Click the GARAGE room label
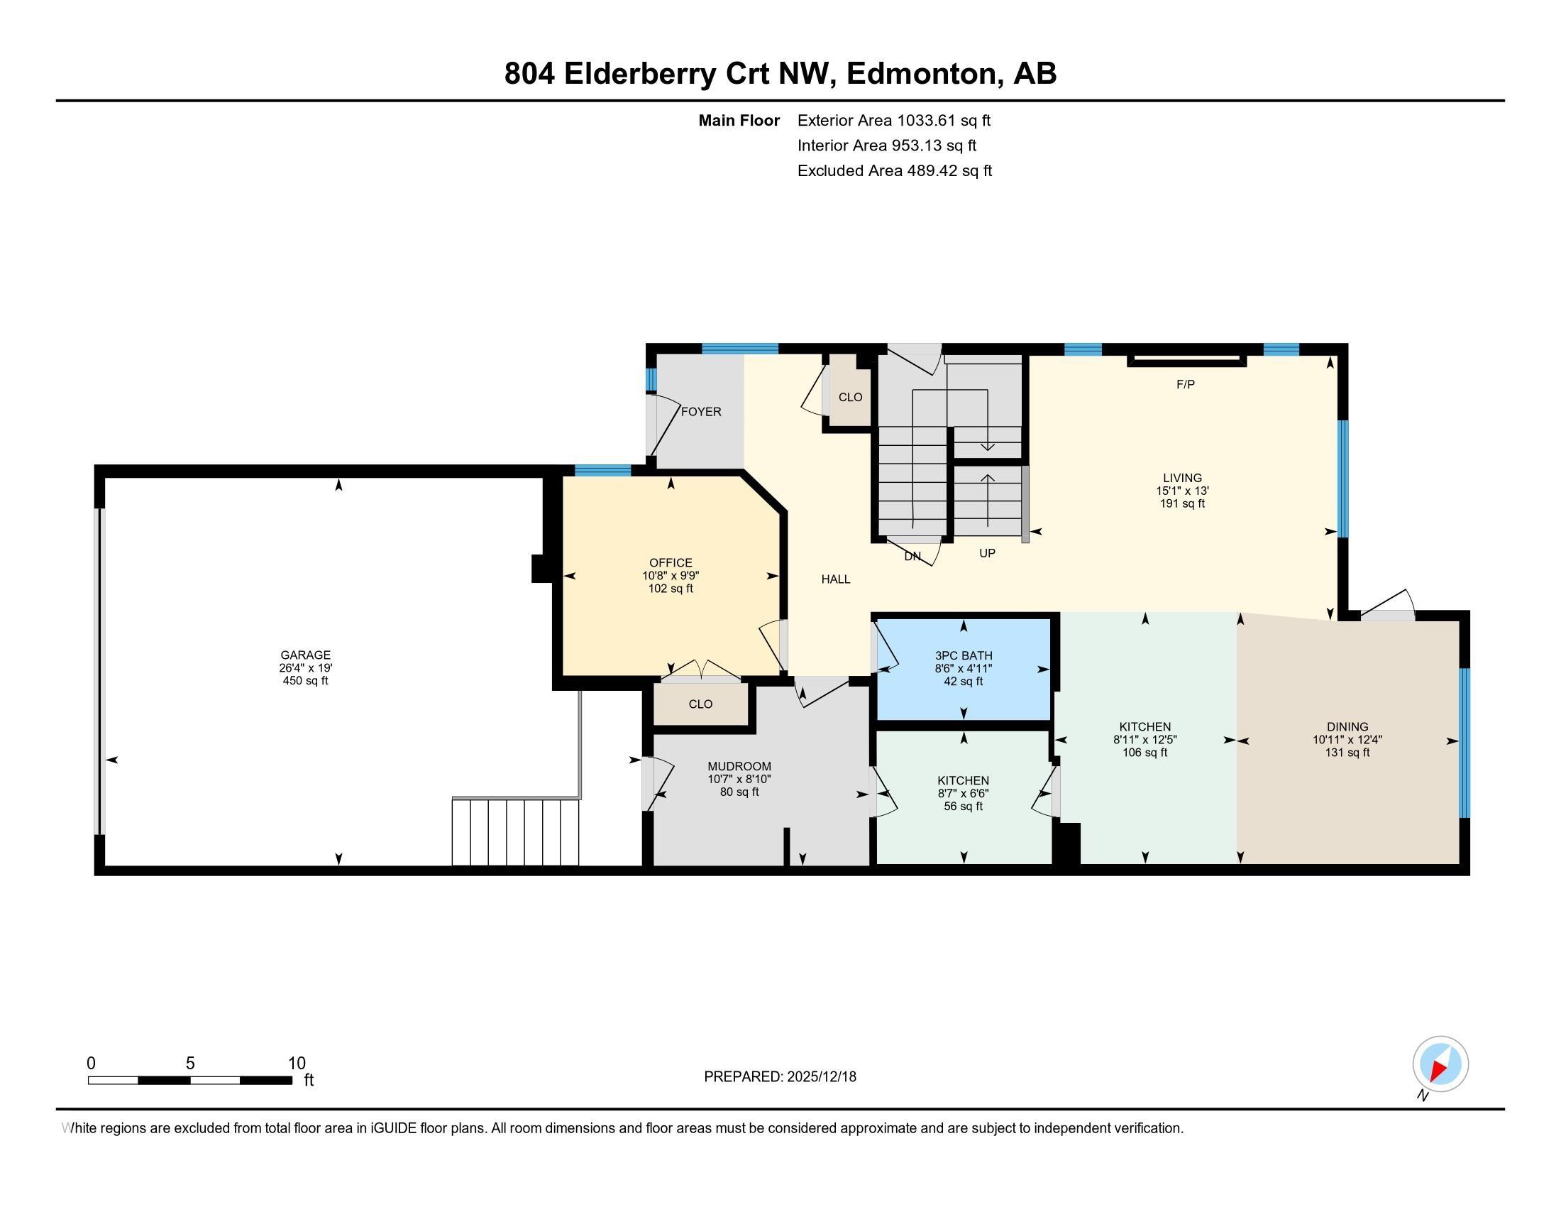coord(305,655)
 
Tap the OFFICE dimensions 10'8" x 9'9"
coord(671,576)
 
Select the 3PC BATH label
coord(963,655)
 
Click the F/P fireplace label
coord(1185,385)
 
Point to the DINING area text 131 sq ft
coord(1347,752)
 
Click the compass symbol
coord(1440,1064)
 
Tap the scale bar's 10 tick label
coord(297,1063)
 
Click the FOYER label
coord(700,412)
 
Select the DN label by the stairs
coord(912,557)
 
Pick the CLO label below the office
coord(700,704)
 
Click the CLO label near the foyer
coord(850,397)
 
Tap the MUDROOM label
coord(739,767)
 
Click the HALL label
coord(835,579)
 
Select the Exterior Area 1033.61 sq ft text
coord(893,120)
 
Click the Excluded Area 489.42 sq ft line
coord(894,170)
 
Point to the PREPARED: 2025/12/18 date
coord(780,1076)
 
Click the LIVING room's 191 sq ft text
coord(1181,503)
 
